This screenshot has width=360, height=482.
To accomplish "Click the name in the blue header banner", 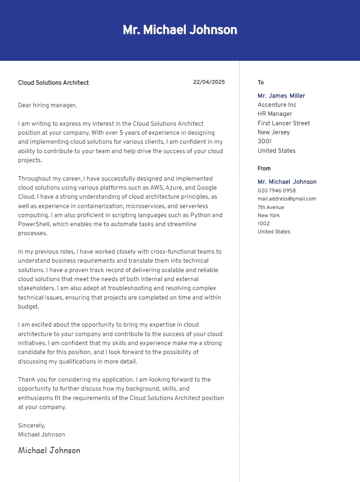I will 180,30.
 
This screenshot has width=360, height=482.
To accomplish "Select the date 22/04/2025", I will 209,82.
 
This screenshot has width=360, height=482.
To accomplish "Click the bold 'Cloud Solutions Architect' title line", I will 54,82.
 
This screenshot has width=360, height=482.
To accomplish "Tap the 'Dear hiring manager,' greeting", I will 48,105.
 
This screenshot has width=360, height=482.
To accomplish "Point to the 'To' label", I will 261,82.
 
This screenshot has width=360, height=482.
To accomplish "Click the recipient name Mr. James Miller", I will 281,95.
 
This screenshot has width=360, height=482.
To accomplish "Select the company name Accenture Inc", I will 277,105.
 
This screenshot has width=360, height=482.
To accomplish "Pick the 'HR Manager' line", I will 274,114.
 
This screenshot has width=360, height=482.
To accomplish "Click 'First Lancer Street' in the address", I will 283,123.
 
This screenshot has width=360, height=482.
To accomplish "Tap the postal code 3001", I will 265,141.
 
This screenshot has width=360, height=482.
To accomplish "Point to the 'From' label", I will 264,168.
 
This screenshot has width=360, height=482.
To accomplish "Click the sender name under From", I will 287,182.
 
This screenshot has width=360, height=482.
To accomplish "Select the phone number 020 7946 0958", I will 277,191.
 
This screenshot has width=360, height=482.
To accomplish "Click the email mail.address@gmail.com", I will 287,199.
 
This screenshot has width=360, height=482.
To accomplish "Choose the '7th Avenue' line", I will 270,207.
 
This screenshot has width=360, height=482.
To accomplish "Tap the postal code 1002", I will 264,223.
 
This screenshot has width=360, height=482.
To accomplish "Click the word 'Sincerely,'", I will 31,425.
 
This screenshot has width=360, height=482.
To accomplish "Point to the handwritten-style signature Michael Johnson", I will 49,450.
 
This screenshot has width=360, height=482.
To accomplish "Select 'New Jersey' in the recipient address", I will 274,132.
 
